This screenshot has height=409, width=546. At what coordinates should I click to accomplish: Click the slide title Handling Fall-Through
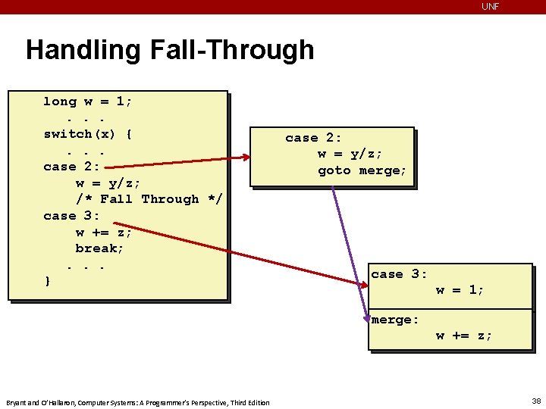point(170,50)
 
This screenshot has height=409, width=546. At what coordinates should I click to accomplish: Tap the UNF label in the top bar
point(491,7)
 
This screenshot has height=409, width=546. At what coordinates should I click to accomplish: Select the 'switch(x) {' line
point(88,134)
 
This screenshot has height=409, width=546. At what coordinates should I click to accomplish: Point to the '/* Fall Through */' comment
point(149,199)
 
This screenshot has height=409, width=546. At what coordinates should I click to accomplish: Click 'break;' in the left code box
point(99,248)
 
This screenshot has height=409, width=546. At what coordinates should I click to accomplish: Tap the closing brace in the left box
point(48,281)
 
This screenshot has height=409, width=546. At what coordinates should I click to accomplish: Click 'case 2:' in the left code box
point(71,167)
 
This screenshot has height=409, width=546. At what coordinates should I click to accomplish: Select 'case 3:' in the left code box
point(71,216)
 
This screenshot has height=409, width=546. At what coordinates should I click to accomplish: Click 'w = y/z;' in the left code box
point(108,183)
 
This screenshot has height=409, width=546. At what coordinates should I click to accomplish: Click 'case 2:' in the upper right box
point(313,138)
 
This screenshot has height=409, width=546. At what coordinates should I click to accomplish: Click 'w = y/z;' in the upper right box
point(350,155)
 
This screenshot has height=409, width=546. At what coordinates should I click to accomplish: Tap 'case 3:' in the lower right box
point(399,274)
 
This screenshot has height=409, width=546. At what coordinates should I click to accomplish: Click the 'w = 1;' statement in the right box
point(460,289)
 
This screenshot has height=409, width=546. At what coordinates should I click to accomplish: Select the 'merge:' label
point(395,320)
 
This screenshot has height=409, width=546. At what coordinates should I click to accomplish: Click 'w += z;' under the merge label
point(463,336)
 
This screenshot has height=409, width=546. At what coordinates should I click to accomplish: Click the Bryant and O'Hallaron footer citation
point(137,402)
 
